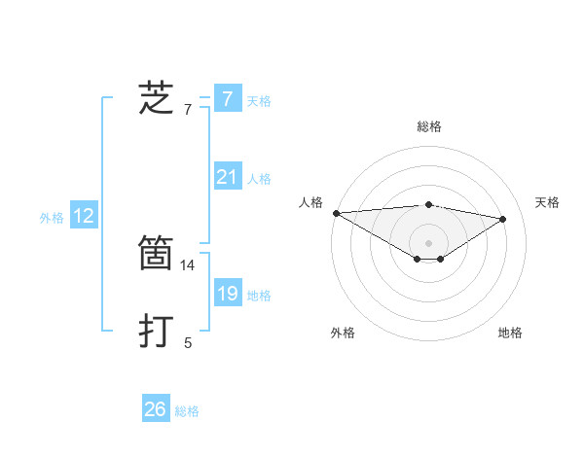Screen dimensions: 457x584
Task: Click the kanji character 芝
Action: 157,98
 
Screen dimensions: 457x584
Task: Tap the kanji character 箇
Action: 157,254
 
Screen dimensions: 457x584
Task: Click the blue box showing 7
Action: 227,98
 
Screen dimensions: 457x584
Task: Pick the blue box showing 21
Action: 227,177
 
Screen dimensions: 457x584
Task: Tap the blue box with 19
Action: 227,294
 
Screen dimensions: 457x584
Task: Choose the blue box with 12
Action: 84,216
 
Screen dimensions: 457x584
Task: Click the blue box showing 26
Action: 155,409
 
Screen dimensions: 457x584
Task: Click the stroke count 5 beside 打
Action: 188,343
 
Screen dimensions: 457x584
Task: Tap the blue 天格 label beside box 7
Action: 259,101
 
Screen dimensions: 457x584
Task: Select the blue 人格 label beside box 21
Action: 259,180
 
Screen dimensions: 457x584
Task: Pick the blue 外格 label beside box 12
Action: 52,219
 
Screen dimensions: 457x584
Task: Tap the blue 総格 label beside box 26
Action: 187,412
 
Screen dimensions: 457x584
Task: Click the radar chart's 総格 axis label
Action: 428,126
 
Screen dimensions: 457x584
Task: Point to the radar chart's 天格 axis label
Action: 548,202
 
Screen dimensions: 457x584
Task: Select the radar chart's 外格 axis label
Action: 343,333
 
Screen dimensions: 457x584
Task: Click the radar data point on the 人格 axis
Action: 336,213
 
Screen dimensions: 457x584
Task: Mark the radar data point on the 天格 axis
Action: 503,219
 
